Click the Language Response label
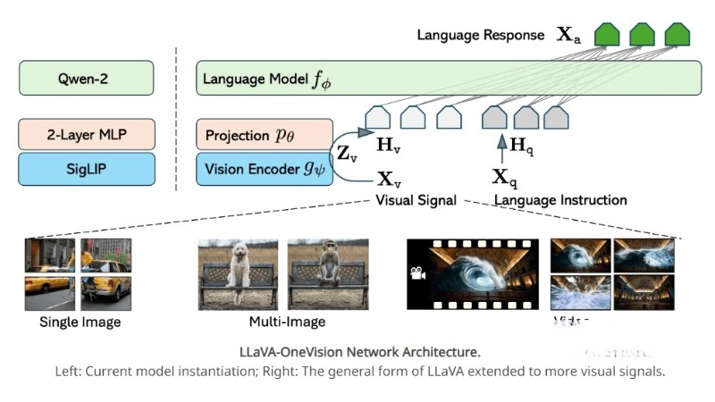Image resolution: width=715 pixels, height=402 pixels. point(480,35)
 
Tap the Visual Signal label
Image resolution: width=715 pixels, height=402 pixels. point(416,200)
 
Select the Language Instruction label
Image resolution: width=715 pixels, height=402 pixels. point(560,200)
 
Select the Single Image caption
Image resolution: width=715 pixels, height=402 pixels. point(80,322)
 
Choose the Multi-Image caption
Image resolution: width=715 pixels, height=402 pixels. point(287,322)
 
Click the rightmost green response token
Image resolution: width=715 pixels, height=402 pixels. point(677,35)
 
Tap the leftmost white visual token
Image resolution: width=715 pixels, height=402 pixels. point(378,116)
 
